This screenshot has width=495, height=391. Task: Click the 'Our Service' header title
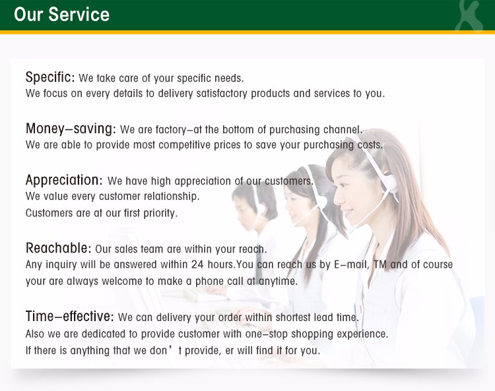point(62,15)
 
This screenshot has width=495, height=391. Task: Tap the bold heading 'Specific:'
point(50,77)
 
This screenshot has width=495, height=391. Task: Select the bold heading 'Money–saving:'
point(71,129)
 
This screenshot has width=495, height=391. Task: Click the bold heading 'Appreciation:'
point(64,180)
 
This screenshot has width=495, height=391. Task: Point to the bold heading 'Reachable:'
point(58,248)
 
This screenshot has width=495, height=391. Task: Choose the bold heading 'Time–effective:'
point(70,316)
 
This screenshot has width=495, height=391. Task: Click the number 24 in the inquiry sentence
point(197,264)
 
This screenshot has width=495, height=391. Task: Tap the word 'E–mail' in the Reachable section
point(351,264)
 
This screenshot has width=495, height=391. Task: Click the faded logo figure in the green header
point(469,16)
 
